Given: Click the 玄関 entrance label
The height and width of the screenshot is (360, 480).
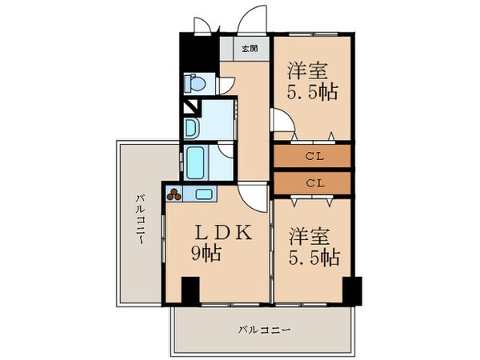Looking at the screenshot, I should click(x=250, y=49).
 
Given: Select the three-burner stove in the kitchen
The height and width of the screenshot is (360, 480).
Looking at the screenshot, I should click(x=175, y=192).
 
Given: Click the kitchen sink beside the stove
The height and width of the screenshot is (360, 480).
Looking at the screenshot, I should click(x=203, y=193).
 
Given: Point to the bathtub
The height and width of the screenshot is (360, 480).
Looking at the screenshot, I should click(x=196, y=162).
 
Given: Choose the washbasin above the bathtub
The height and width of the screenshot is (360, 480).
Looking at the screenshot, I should click(x=192, y=127).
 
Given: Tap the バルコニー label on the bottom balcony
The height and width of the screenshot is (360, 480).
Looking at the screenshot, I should click(x=263, y=329).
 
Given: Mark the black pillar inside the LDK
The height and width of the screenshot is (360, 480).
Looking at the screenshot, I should click(x=190, y=290).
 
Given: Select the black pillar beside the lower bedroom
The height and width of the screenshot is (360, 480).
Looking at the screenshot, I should click(x=352, y=290).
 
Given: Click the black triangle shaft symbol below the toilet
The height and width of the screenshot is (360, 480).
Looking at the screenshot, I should click(x=191, y=106).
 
